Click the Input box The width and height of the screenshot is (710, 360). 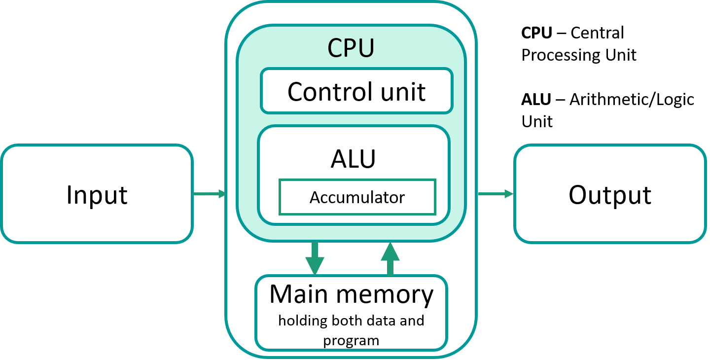point(97,194)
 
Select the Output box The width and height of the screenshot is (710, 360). point(610,194)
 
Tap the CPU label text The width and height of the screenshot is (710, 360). point(351,48)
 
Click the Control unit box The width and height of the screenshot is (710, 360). point(356,91)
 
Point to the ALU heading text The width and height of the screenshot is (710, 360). point(353,159)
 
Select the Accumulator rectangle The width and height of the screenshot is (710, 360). point(357,197)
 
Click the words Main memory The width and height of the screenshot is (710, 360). point(351,294)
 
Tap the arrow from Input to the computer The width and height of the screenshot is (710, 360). point(209,194)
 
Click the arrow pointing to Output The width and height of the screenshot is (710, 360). point(496,194)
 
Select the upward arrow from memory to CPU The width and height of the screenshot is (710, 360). point(390,258)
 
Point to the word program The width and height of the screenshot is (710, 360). point(351,340)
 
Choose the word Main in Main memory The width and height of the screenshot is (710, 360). point(299,294)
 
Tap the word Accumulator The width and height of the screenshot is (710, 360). point(357,198)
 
